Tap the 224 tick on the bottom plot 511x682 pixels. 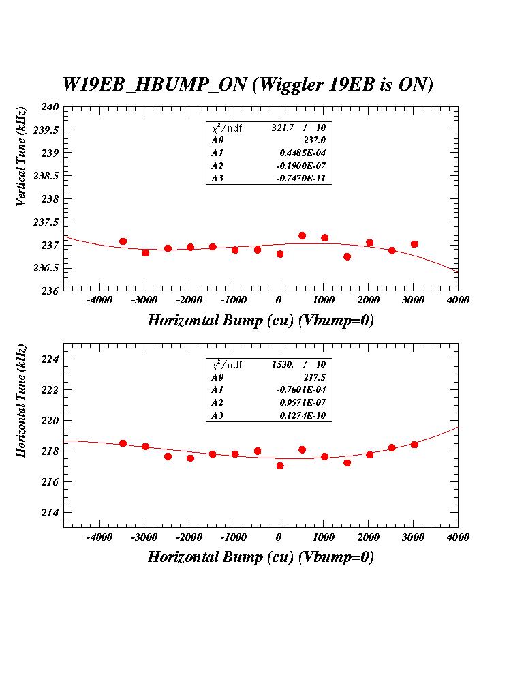click(52, 359)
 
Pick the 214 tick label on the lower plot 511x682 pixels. click(52, 513)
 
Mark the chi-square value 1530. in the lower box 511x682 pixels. click(284, 365)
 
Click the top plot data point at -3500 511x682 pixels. click(123, 241)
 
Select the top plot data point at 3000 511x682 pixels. click(414, 244)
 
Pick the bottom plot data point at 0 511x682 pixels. click(279, 466)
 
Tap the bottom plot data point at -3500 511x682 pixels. click(123, 443)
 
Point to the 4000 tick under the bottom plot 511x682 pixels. click(458, 537)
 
